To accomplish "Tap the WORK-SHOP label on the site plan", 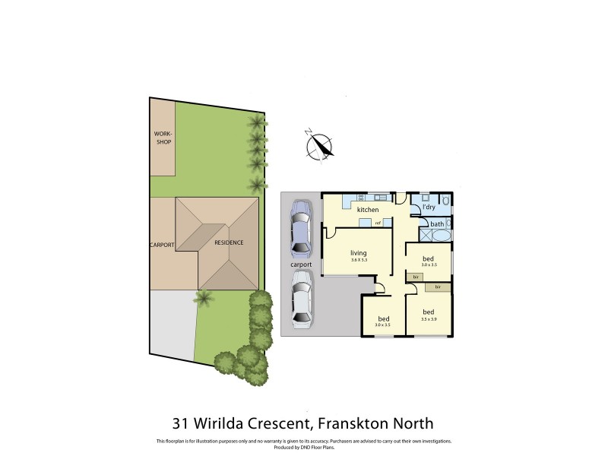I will pyautogui.click(x=163, y=138).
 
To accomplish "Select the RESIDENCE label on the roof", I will pyautogui.click(x=228, y=242).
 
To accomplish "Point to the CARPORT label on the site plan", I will pyautogui.click(x=162, y=245).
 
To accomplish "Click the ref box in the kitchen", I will pyautogui.click(x=377, y=223).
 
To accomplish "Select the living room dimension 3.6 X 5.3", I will pyautogui.click(x=359, y=261).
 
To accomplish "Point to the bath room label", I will pyautogui.click(x=436, y=224).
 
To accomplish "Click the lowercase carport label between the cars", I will pyautogui.click(x=301, y=264).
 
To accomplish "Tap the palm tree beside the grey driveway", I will pyautogui.click(x=203, y=297).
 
